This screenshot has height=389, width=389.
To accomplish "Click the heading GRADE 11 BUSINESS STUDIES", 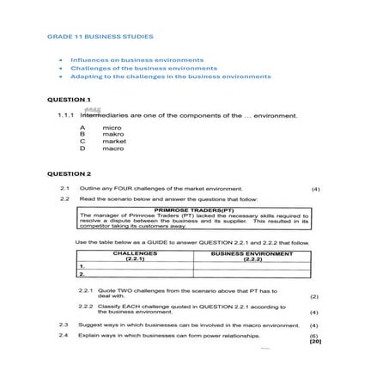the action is (100, 37).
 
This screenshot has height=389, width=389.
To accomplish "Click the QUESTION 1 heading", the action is (69, 100).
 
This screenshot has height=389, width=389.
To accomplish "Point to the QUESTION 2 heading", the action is (69, 174).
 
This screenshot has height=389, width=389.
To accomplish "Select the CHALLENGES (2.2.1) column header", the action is (135, 256).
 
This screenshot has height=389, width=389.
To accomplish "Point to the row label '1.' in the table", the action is (82, 266).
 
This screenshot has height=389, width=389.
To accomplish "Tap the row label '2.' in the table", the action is (82, 274).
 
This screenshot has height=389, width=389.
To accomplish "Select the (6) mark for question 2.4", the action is (314, 336).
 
